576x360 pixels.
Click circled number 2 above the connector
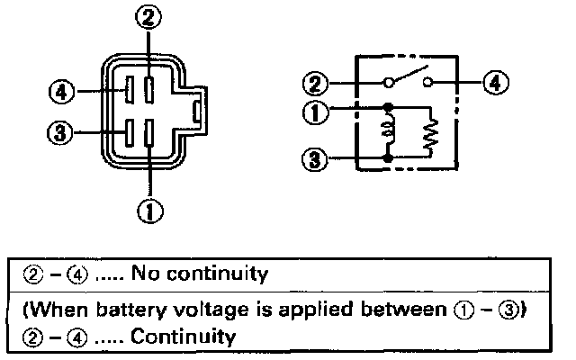(x=150, y=17)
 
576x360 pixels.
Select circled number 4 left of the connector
(x=58, y=92)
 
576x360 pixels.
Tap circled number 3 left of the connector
(x=58, y=133)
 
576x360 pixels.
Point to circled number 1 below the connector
(x=150, y=211)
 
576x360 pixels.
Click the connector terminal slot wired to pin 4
(x=130, y=91)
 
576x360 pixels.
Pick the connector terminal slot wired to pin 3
(x=130, y=132)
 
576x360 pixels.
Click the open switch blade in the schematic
(x=406, y=76)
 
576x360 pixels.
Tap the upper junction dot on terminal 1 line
(x=388, y=108)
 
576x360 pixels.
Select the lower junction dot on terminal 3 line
(x=388, y=159)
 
